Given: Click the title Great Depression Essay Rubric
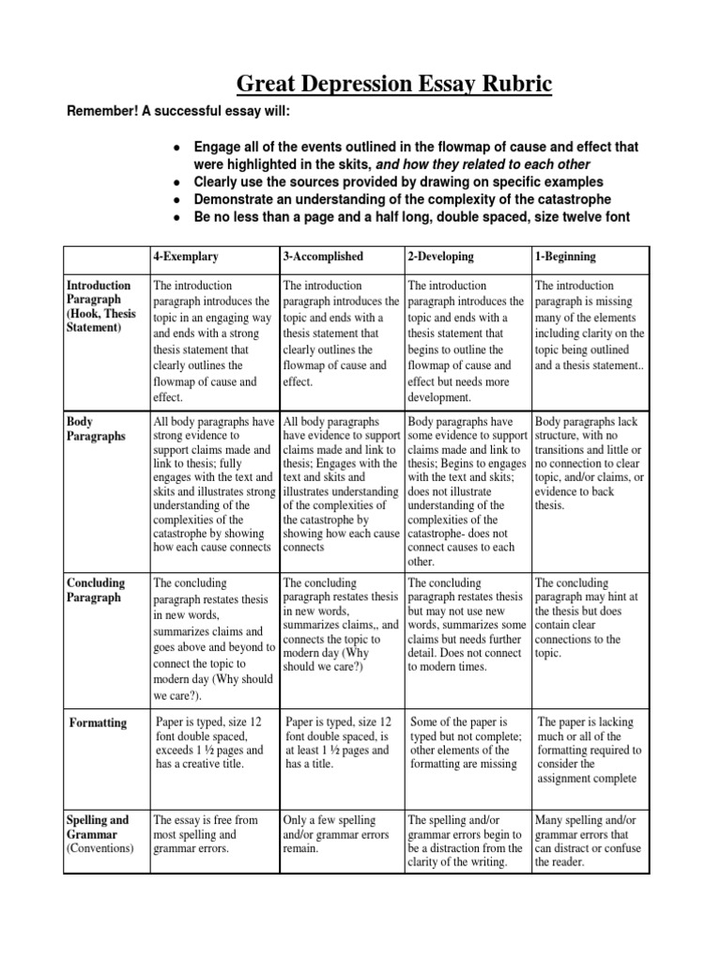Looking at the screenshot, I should coord(393,85).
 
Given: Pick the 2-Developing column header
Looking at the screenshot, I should coord(440,256).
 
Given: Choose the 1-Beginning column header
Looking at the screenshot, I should coord(561,256).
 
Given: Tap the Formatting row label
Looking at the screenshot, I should coord(99,722).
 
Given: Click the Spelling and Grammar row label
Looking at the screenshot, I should coord(99,833).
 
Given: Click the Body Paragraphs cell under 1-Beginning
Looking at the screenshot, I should coord(590,463).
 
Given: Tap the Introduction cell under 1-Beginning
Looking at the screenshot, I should coord(590,325).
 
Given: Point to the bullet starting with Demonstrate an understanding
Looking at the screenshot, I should coord(402,200).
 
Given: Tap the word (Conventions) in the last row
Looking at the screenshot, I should coord(100,848).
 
